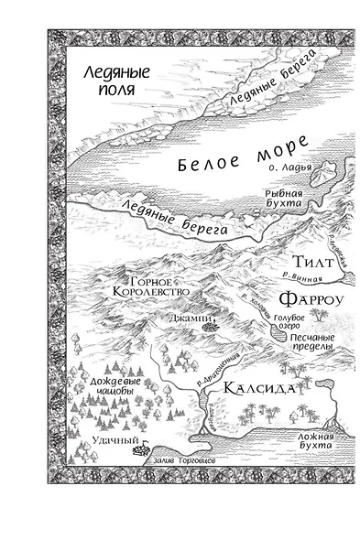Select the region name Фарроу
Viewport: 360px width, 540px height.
[x=309, y=297]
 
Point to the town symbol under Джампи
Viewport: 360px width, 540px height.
[x=210, y=325]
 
